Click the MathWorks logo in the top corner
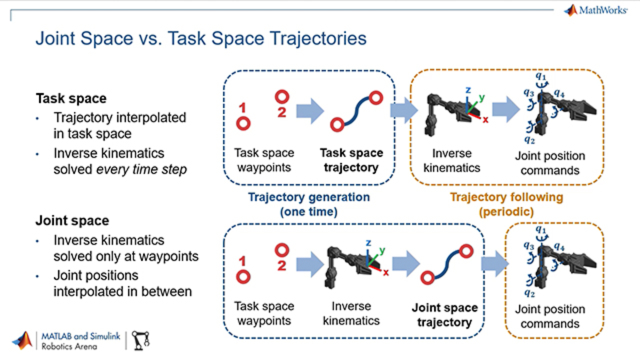click(595, 10)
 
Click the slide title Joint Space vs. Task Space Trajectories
click(200, 38)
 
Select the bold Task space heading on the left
click(71, 98)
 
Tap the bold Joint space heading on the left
click(72, 220)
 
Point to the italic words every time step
click(141, 169)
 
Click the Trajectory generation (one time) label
click(309, 204)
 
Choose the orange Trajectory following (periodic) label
click(506, 204)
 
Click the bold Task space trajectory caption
click(351, 159)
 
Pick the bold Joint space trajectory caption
click(444, 315)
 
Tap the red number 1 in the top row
click(242, 107)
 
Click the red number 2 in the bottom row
click(282, 265)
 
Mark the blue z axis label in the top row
click(468, 90)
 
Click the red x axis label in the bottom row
click(386, 272)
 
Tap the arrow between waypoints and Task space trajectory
click(310, 110)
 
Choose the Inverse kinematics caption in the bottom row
click(351, 313)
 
